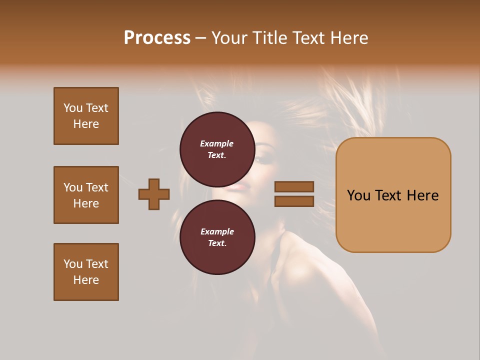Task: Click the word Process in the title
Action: [x=157, y=38]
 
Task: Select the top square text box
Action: [x=86, y=116]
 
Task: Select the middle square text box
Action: [x=86, y=195]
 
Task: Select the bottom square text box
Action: [x=86, y=272]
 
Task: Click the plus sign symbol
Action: [x=154, y=194]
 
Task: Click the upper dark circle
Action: [x=217, y=149]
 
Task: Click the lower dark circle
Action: [x=217, y=237]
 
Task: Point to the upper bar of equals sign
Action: [x=294, y=186]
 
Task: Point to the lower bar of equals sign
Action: [x=294, y=201]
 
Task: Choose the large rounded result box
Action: [x=393, y=195]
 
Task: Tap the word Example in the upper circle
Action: [x=217, y=143]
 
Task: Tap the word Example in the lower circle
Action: [x=217, y=231]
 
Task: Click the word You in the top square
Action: [x=72, y=108]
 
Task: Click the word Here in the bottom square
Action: [x=86, y=280]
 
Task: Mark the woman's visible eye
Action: [x=264, y=159]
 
